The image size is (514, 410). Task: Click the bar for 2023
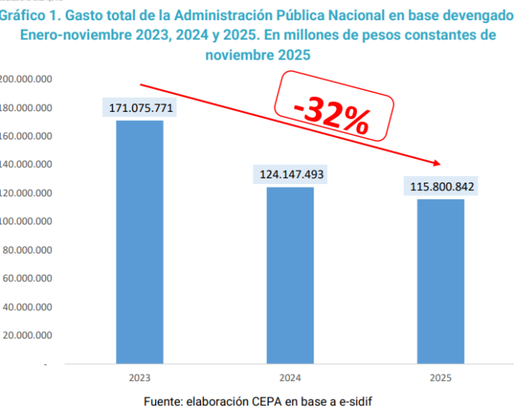140,242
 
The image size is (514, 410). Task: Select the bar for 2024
291,275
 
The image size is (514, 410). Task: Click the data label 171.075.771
141,108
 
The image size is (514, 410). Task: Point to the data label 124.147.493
291,175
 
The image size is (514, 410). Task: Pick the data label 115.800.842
442,186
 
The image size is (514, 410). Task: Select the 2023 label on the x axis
140,378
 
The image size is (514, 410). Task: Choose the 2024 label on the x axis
291,378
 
